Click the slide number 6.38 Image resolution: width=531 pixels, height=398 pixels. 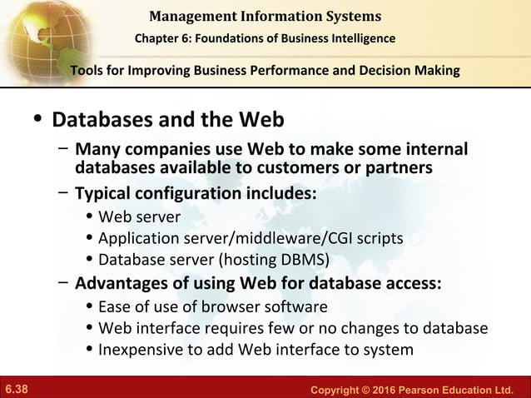17,389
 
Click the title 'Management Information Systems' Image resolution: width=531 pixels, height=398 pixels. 265,16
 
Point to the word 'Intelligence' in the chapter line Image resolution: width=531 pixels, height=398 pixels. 359,38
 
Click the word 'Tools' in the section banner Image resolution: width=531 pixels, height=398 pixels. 89,71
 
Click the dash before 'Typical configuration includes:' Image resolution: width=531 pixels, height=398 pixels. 63,193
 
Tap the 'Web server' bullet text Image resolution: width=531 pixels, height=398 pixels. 139,217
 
